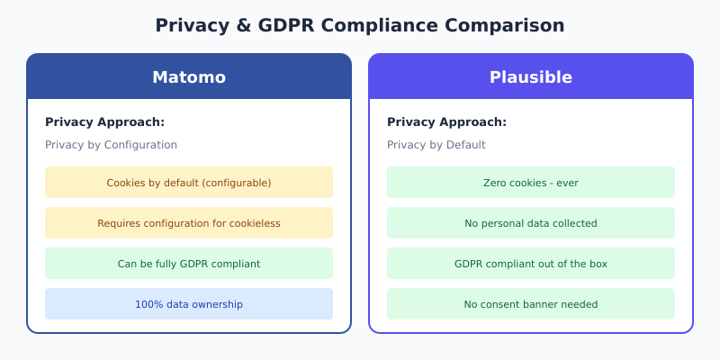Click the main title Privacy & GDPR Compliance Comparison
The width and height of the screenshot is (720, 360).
tap(360, 25)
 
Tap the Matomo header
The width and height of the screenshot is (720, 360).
tap(189, 77)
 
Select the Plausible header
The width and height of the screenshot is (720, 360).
tap(531, 77)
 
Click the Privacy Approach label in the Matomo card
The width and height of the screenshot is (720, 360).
tap(104, 122)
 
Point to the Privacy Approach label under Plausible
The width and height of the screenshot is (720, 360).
tap(446, 122)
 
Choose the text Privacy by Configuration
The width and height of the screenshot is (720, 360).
tap(111, 145)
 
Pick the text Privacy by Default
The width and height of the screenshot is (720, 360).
tap(436, 145)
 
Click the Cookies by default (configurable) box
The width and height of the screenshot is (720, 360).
tap(189, 183)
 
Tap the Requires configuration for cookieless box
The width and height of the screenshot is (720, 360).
tap(189, 223)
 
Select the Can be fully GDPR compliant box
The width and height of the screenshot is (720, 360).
tap(189, 264)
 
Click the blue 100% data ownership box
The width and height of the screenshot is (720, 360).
tap(189, 304)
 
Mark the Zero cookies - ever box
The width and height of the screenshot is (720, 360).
tap(531, 183)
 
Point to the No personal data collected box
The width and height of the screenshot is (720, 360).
tap(531, 223)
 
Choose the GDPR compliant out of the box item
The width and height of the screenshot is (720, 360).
tap(531, 264)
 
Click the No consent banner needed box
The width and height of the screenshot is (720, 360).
tap(531, 304)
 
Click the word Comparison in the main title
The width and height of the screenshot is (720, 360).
tap(510, 25)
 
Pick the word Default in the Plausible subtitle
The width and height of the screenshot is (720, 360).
tap(466, 145)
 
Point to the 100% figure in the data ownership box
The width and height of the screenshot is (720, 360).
tap(147, 304)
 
